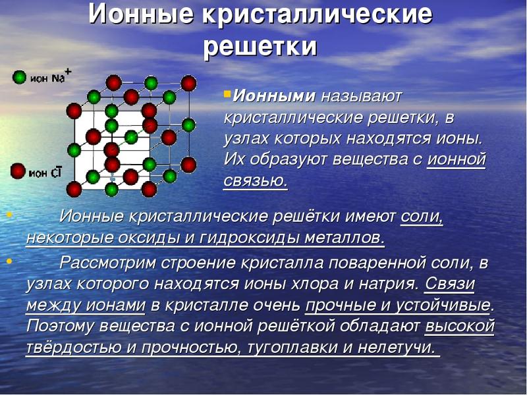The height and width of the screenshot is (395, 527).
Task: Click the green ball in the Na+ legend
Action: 19,78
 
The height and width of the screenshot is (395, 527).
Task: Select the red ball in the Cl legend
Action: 18,172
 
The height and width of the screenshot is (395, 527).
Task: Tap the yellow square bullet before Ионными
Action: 227,94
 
